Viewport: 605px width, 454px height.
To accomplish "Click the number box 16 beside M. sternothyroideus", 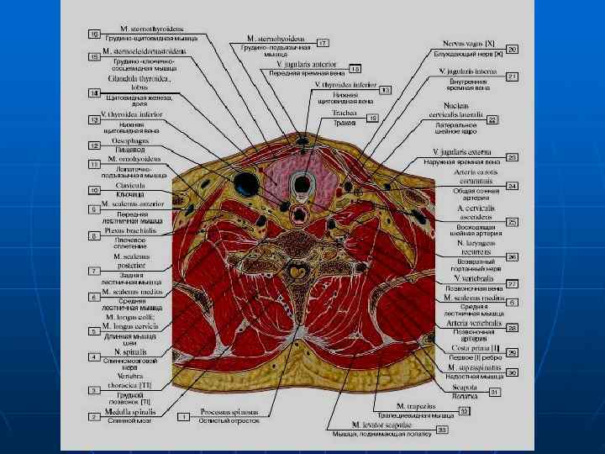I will coord(96,34).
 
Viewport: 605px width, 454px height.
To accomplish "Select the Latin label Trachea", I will coord(345,112).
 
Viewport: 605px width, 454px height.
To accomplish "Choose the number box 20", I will coord(512,50).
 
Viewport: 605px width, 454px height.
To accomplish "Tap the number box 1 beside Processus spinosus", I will coord(182,416).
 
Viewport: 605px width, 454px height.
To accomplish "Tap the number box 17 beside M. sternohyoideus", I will coord(322,42).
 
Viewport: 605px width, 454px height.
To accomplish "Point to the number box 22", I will coord(493,119).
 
